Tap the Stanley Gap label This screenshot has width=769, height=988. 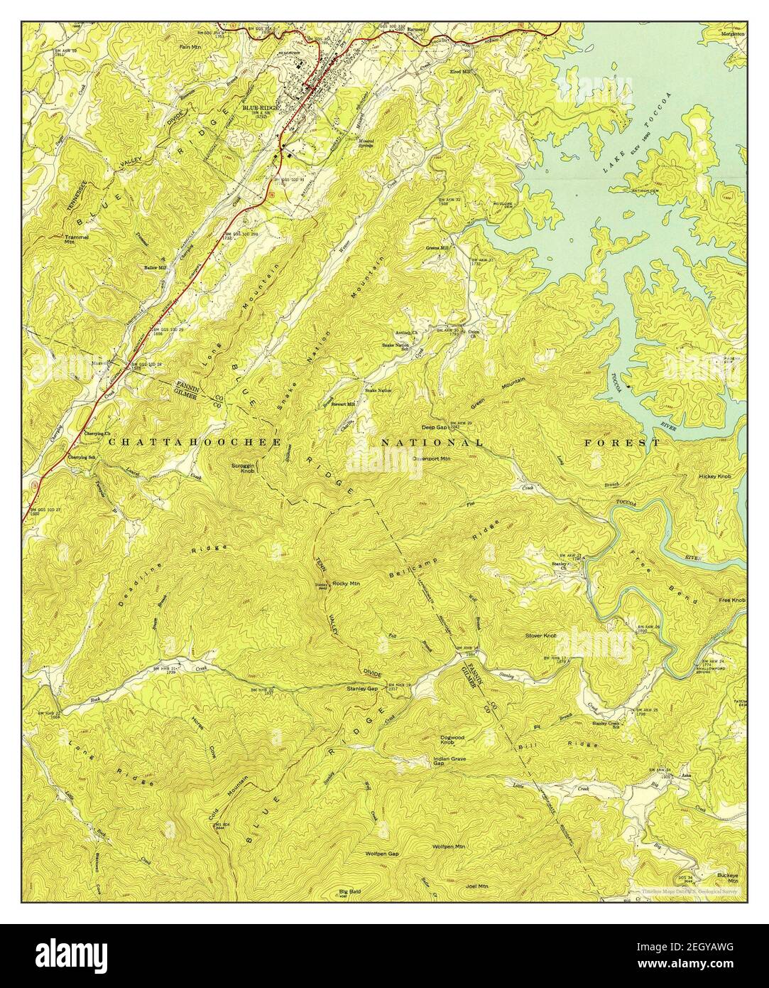coord(361,688)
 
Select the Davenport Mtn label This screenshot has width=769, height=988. coord(432,458)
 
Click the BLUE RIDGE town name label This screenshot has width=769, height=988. coord(261,107)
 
